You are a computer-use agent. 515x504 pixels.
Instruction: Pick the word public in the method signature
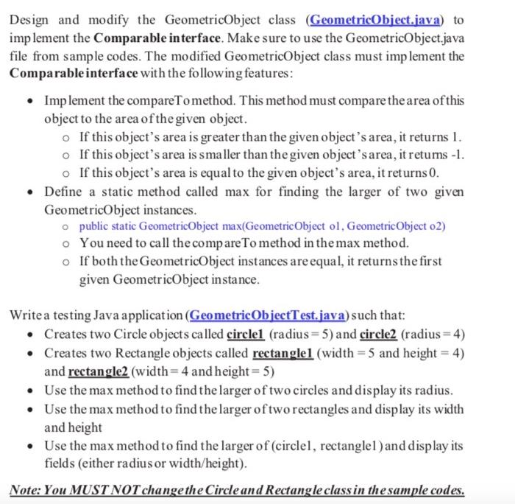[x=94, y=226]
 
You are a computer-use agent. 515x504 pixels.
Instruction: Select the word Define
[x=64, y=191]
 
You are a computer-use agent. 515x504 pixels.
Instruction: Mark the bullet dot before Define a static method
[x=29, y=192]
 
